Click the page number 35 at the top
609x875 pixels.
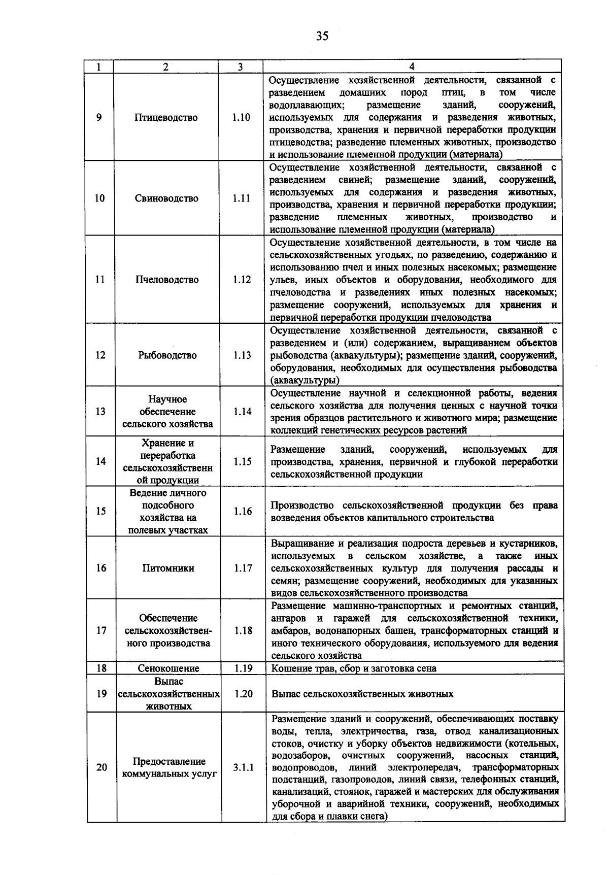click(322, 36)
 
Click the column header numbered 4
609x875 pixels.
click(412, 66)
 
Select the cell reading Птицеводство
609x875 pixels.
click(166, 118)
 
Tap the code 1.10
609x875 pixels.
click(241, 118)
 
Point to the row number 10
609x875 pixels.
click(100, 198)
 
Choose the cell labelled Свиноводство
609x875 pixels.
click(166, 198)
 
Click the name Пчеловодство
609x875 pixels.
click(166, 280)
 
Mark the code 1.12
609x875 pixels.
click(242, 280)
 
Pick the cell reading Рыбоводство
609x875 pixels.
click(167, 355)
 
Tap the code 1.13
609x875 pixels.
click(242, 355)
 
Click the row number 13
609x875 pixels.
click(100, 412)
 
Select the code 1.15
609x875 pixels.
click(243, 462)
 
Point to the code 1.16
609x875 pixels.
click(243, 512)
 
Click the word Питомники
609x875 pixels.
click(168, 568)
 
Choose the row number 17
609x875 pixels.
click(101, 630)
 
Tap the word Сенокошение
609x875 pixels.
click(168, 668)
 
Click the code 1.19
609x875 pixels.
click(243, 668)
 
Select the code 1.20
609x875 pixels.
click(244, 694)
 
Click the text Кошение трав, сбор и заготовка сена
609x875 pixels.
click(354, 668)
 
